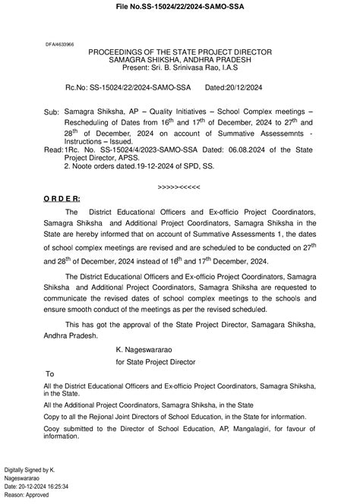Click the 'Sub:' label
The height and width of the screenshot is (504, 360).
click(52, 112)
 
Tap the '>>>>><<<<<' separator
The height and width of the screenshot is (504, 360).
click(178, 186)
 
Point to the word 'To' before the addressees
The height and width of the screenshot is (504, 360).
click(50, 375)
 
